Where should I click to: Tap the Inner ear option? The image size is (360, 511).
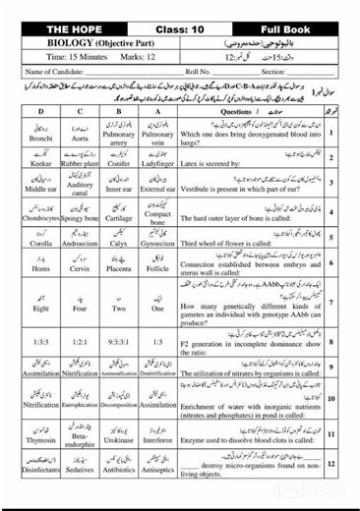[x=125, y=184]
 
